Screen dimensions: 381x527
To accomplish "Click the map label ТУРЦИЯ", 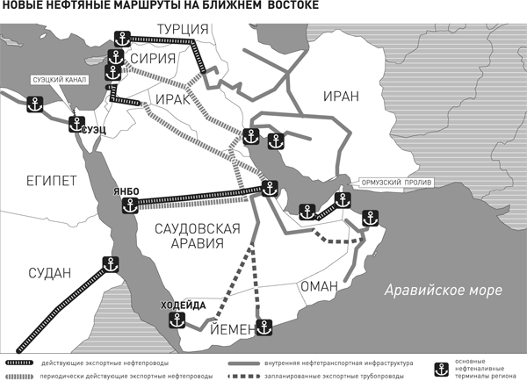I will [x=182, y=30].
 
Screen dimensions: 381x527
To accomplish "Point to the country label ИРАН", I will [x=342, y=96].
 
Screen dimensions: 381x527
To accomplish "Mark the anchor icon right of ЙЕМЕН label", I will [x=265, y=328].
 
